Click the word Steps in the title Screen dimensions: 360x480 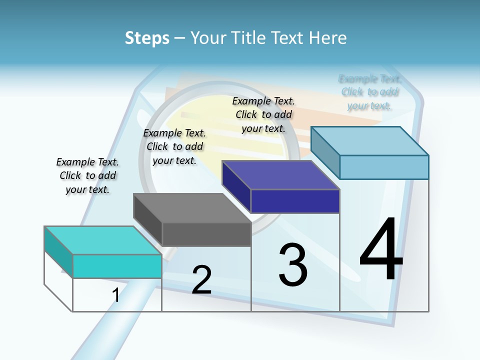coord(147,38)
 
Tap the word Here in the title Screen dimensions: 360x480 coord(327,38)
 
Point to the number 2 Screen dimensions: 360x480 coord(201,280)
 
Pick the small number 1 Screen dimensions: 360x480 coord(116,295)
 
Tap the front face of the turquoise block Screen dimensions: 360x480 coord(117,266)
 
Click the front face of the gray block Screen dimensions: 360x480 coord(206,234)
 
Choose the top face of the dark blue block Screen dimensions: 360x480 coord(280,175)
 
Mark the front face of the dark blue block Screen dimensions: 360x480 coord(295,201)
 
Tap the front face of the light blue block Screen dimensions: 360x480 coord(384,167)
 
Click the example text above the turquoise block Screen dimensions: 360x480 coord(87,175)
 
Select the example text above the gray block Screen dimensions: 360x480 coord(174,146)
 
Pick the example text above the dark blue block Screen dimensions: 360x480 coord(263,114)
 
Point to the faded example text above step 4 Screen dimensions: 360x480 coord(369,92)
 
